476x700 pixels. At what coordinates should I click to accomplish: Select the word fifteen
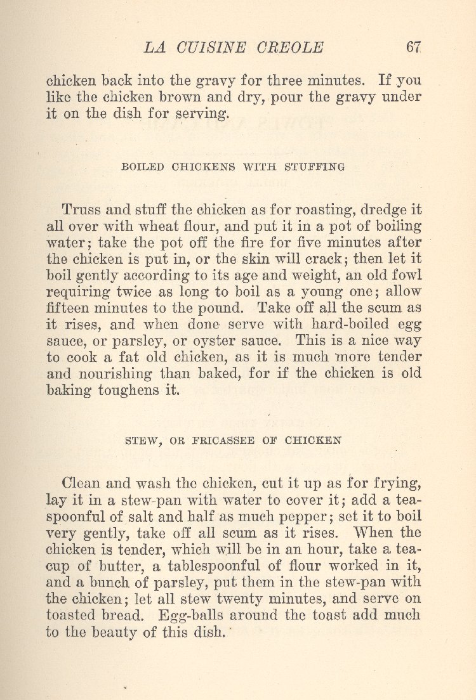tap(70, 308)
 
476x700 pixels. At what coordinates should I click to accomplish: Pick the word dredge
tap(389, 210)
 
